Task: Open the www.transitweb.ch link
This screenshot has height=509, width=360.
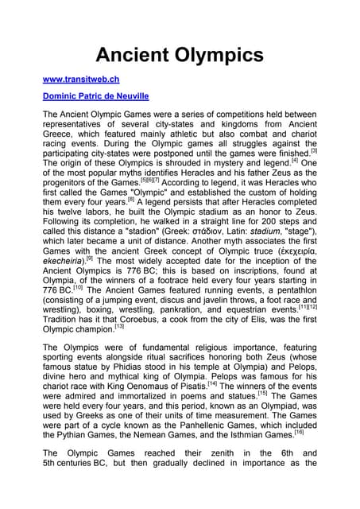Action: pyautogui.click(x=80, y=80)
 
